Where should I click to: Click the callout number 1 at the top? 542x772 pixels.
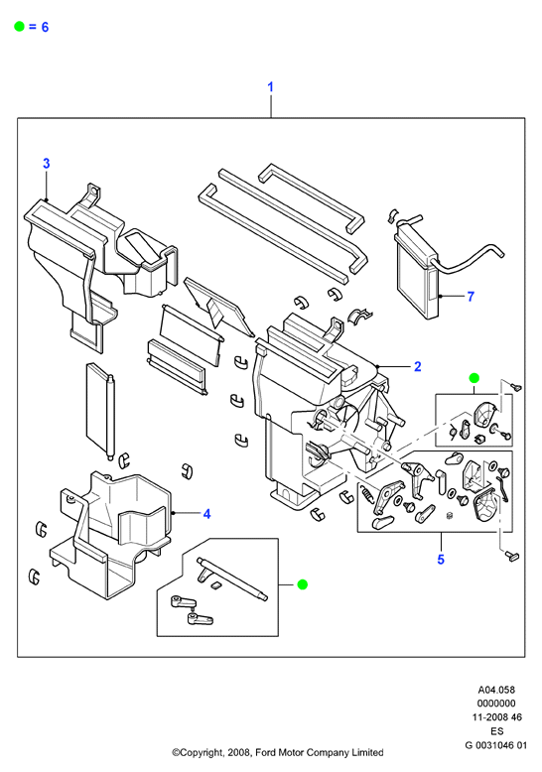pyautogui.click(x=270, y=87)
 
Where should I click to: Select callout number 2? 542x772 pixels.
pyautogui.click(x=417, y=366)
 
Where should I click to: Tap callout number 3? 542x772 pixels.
pyautogui.click(x=47, y=164)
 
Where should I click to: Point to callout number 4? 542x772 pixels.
pyautogui.click(x=206, y=514)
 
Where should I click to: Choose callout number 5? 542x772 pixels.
pyautogui.click(x=441, y=560)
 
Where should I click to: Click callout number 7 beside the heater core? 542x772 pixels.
pyautogui.click(x=471, y=297)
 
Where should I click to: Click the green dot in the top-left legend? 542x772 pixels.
pyautogui.click(x=19, y=27)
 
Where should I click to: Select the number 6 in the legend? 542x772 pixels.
pyautogui.click(x=45, y=27)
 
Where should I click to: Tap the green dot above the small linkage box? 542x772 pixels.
pyautogui.click(x=474, y=378)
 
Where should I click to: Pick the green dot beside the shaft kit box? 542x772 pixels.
pyautogui.click(x=303, y=584)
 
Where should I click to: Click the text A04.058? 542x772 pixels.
pyautogui.click(x=496, y=690)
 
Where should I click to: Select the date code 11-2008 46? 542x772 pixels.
pyautogui.click(x=496, y=717)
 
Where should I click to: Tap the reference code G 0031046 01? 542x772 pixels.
pyautogui.click(x=495, y=745)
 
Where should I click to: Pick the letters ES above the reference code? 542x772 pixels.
pyautogui.click(x=496, y=731)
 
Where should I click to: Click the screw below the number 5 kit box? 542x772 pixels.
pyautogui.click(x=512, y=557)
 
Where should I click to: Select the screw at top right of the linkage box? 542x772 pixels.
pyautogui.click(x=516, y=387)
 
